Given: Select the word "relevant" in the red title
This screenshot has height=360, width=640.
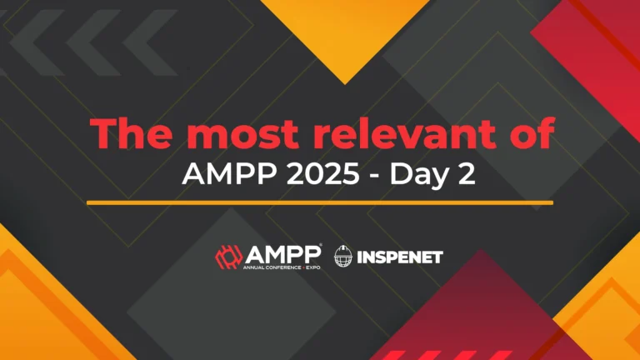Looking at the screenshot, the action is point(404,133).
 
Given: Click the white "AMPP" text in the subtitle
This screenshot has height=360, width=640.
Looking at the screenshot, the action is point(229,175).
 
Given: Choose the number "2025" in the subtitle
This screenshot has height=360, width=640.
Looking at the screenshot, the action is point(322,175).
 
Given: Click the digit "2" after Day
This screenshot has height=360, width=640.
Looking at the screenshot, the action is point(467,175).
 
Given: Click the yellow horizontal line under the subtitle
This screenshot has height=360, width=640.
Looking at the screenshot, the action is point(320,202).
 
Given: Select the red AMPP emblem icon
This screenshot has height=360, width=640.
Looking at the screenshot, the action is point(228,257).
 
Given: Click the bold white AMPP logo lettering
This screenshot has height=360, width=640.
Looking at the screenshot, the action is point(282,255).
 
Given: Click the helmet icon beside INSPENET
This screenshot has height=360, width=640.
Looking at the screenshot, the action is point(343,257).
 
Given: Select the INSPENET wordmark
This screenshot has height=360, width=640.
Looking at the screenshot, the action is point(400,257).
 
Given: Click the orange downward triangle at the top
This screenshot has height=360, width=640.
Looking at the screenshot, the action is point(345,32).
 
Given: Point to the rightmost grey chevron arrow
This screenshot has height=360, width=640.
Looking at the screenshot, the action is point(150,42).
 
